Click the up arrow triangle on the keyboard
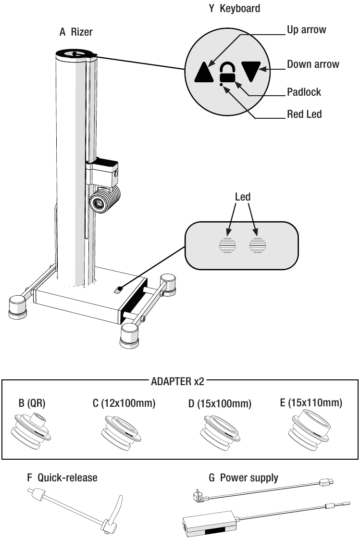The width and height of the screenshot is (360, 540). click(205, 72)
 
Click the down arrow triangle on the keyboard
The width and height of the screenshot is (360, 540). click(251, 71)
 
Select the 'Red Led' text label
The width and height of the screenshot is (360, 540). click(304, 114)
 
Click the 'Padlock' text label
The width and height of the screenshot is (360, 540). click(304, 92)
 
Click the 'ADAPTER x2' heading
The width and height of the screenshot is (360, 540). click(177, 382)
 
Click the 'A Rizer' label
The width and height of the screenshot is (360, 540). click(76, 32)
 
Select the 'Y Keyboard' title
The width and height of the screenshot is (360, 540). click(234, 8)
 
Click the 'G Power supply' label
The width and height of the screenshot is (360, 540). click(243, 478)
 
